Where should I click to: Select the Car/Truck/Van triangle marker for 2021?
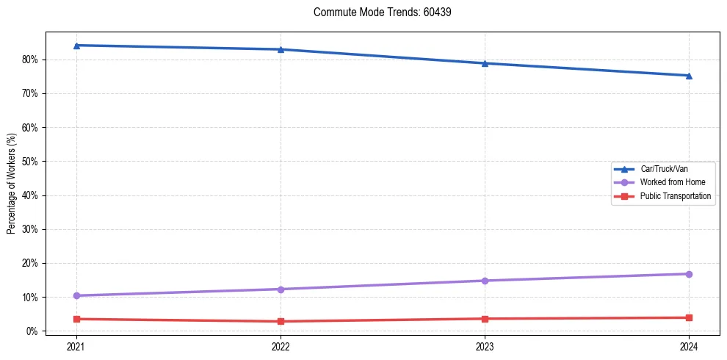pos(76,46)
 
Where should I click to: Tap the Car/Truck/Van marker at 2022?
pos(281,49)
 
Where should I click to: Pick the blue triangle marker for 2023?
pos(485,63)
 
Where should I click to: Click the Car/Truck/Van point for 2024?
pos(689,76)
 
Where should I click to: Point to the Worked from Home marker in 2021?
pos(76,295)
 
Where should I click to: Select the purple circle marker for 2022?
pos(281,289)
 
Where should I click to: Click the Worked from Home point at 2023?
pos(485,281)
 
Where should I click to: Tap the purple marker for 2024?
pos(689,274)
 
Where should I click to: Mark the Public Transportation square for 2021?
pos(76,319)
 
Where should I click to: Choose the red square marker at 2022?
pos(281,321)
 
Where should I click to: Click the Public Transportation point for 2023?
pos(485,319)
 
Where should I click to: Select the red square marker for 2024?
pos(689,317)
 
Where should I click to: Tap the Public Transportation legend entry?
pos(675,196)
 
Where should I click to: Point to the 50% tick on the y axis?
pos(30,162)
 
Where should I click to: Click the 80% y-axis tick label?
pos(30,60)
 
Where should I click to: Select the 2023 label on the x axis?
pos(485,345)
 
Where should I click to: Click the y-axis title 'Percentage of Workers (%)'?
pos(12,183)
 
